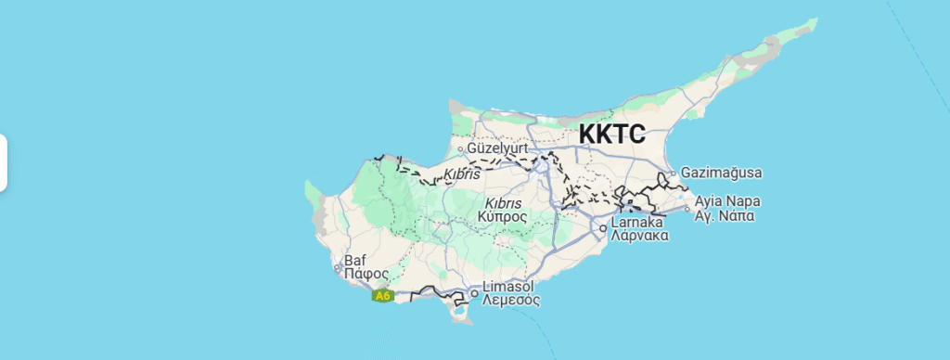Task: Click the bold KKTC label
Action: click(611, 135)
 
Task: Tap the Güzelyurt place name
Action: click(498, 148)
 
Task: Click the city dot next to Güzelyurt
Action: click(461, 148)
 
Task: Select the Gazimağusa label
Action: click(721, 173)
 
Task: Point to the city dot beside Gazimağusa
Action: click(674, 173)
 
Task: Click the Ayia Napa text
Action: click(726, 200)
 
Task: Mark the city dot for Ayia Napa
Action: click(687, 209)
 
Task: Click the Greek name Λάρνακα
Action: click(640, 236)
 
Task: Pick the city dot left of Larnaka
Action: click(603, 228)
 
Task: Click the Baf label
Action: click(355, 261)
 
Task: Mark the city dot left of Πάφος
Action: click(338, 270)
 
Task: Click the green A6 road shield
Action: click(383, 296)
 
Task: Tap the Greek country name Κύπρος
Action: click(503, 216)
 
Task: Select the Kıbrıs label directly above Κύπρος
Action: click(504, 201)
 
